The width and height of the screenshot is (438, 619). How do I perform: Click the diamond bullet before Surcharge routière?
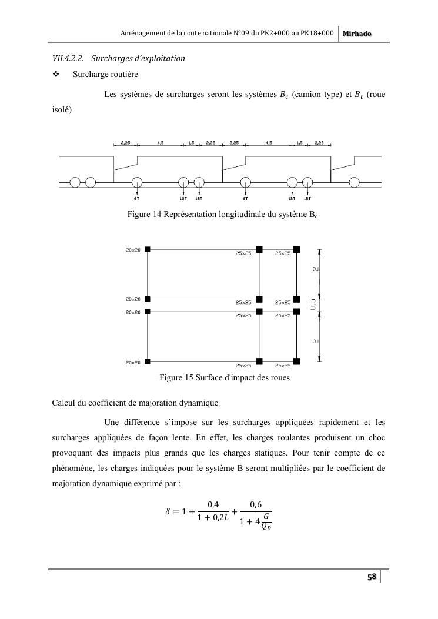(56, 75)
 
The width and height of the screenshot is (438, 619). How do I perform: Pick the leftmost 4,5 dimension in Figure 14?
(161, 142)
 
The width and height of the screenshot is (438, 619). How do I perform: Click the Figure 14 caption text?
(223, 214)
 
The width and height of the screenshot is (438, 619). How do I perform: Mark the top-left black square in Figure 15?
(148, 249)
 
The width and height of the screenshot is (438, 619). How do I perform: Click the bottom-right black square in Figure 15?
(297, 360)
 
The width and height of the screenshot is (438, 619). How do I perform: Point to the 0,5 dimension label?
(313, 305)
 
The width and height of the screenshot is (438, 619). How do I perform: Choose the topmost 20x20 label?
(132, 250)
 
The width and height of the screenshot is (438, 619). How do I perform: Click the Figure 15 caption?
(225, 377)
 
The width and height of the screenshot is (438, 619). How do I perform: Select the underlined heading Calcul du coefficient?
(135, 403)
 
